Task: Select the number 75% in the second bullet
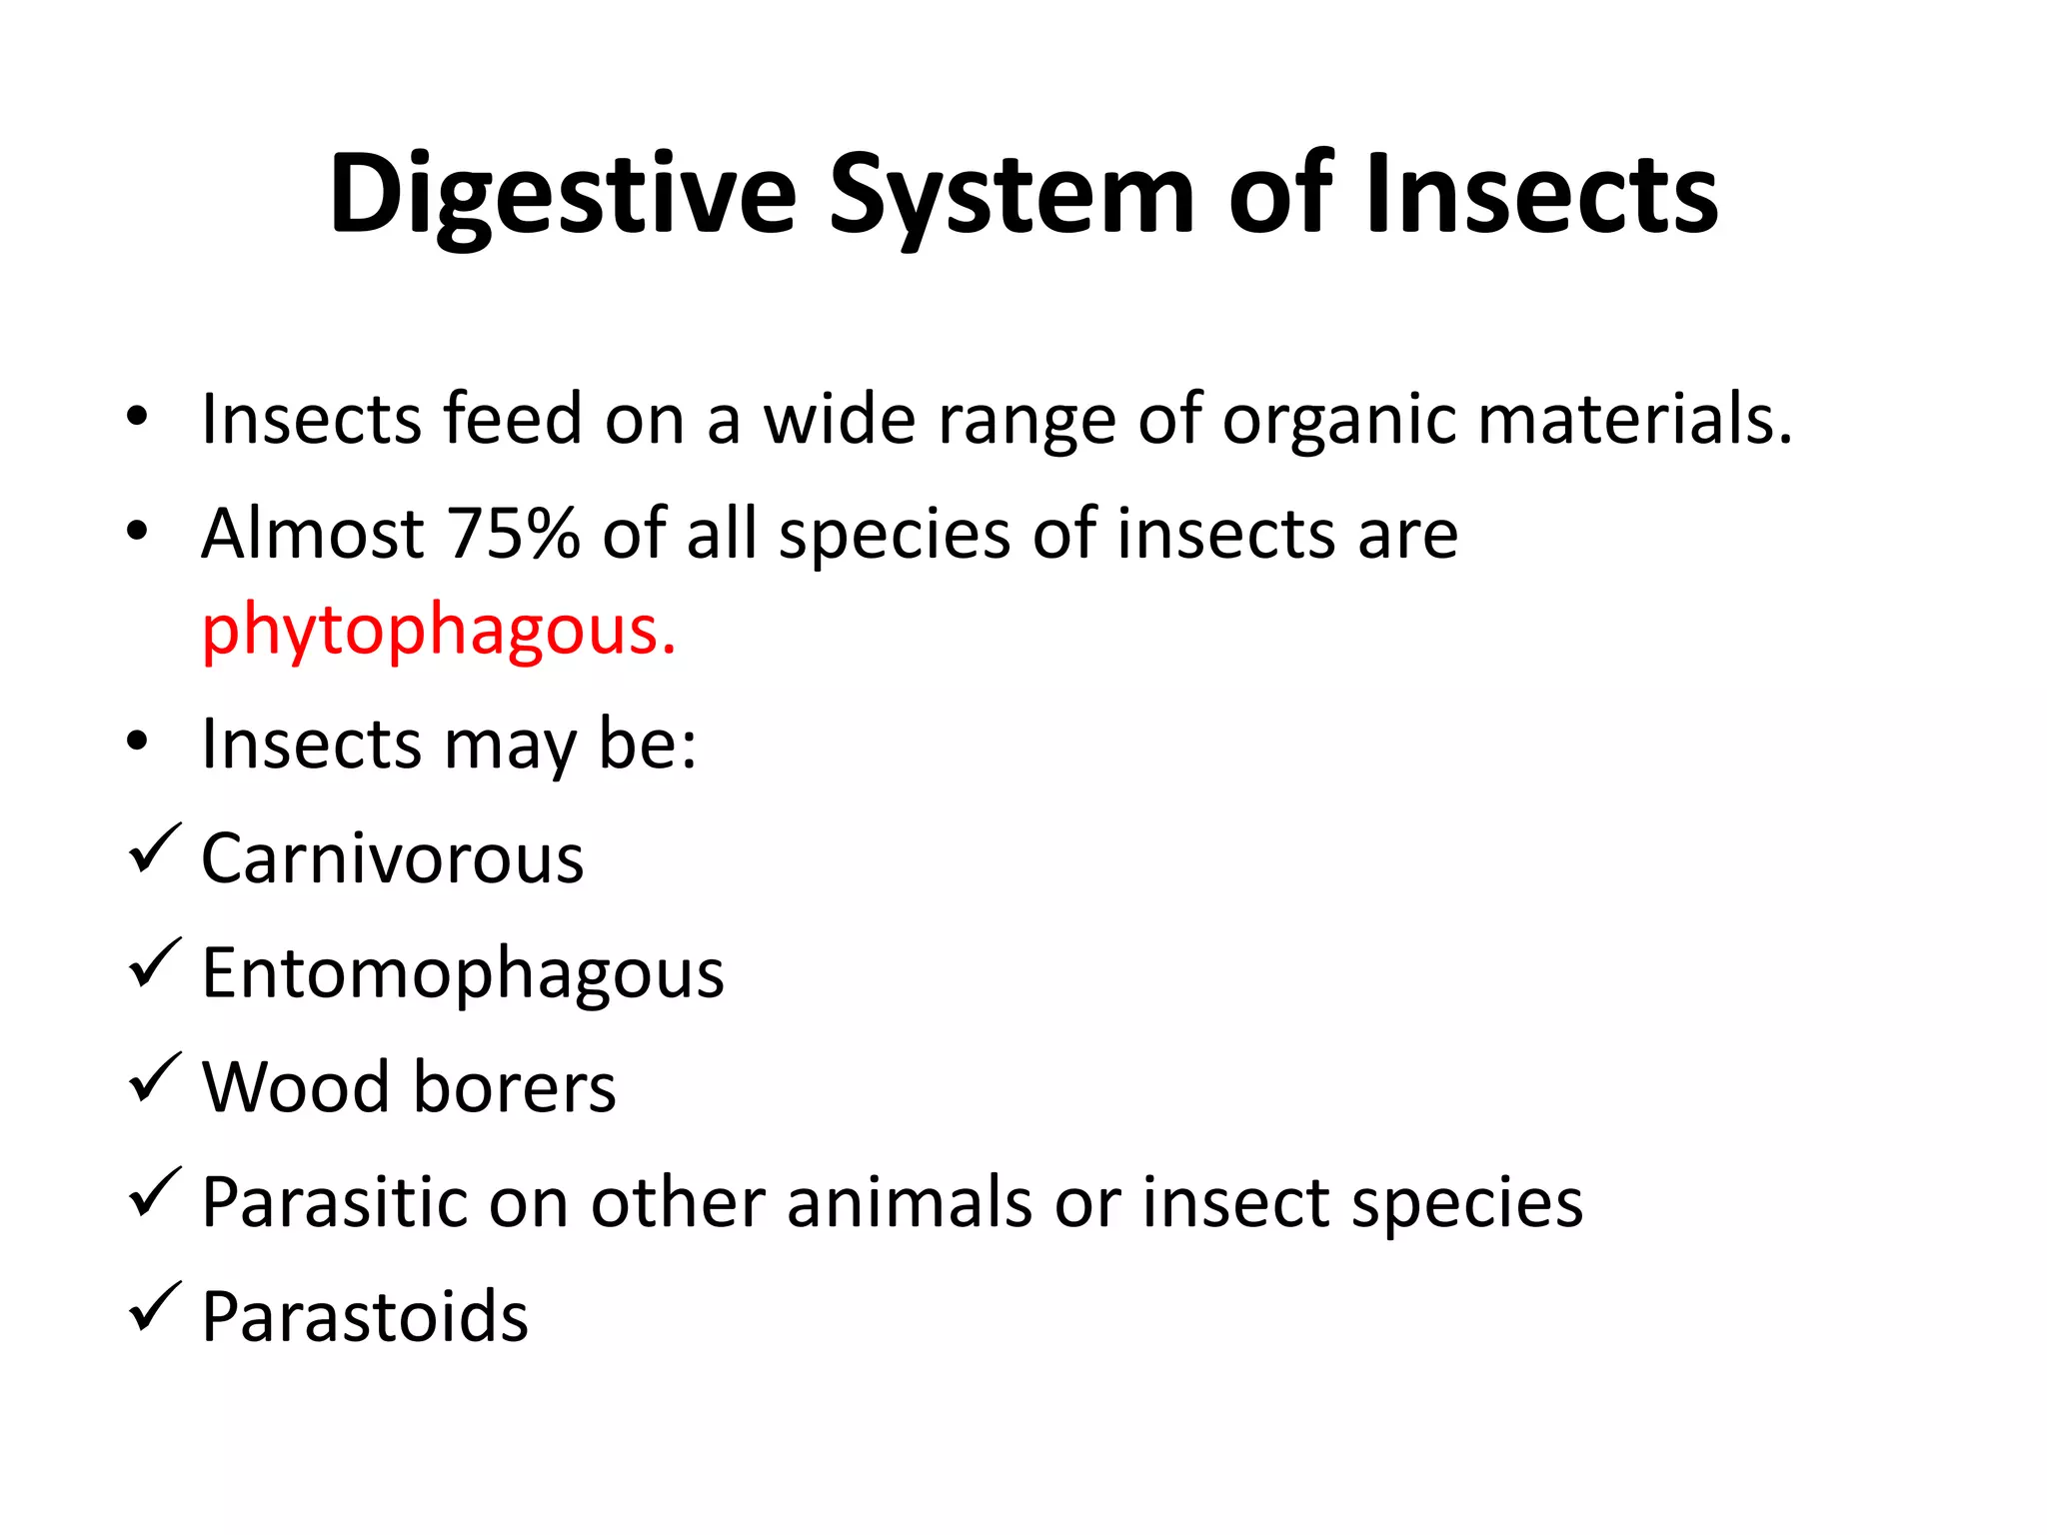pyautogui.click(x=513, y=534)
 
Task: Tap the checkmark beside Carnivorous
pyautogui.click(x=155, y=848)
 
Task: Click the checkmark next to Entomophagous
pyautogui.click(x=155, y=963)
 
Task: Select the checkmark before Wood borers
pyautogui.click(x=155, y=1078)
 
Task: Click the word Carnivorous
pyautogui.click(x=392, y=858)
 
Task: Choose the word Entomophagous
pyautogui.click(x=463, y=974)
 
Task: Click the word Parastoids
pyautogui.click(x=365, y=1317)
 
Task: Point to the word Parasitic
pyautogui.click(x=335, y=1202)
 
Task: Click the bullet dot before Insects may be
pyautogui.click(x=138, y=742)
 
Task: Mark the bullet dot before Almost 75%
pyautogui.click(x=138, y=530)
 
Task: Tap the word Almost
pyautogui.click(x=313, y=534)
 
